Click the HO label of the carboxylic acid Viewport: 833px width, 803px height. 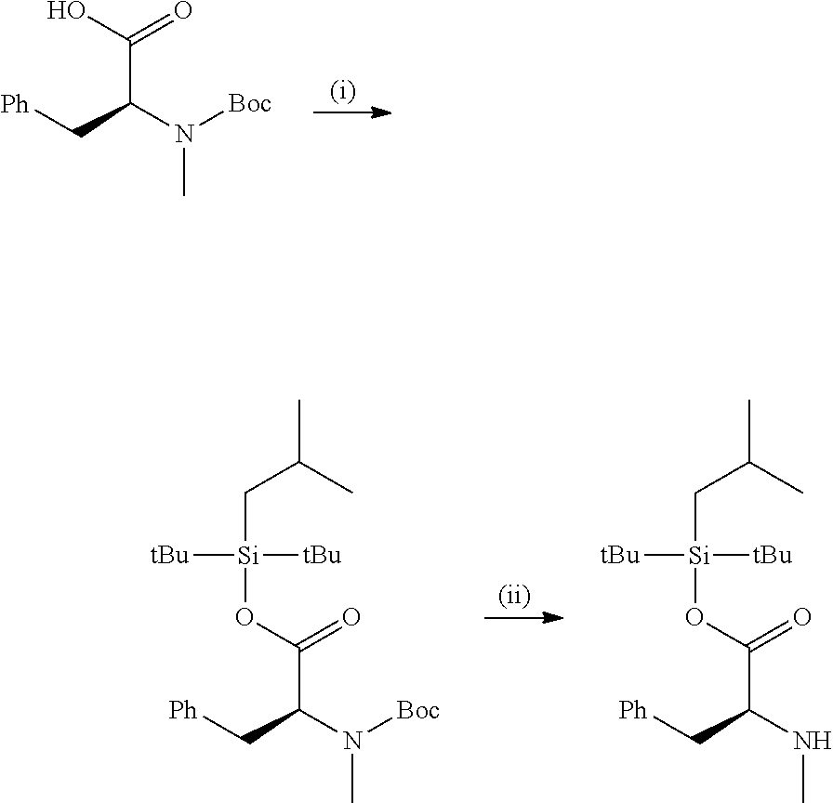click(x=66, y=10)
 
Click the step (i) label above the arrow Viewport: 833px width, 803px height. click(x=343, y=91)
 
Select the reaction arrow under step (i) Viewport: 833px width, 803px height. click(x=352, y=112)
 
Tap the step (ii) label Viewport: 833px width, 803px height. click(x=514, y=596)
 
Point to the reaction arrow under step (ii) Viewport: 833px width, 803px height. click(x=523, y=618)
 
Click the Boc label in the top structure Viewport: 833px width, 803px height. click(x=250, y=103)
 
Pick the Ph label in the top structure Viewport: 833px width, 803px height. click(x=15, y=103)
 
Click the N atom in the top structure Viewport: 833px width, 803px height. click(x=184, y=133)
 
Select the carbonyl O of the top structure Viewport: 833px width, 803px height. click(x=183, y=10)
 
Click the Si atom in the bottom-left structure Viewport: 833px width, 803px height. click(x=247, y=556)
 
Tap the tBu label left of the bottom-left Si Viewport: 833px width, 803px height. click(x=170, y=556)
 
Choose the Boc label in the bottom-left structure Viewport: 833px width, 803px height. click(x=418, y=709)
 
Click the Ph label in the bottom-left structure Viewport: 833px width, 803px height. click(x=183, y=709)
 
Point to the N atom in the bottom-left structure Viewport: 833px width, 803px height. click(x=352, y=740)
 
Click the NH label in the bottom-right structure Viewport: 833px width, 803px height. click(x=813, y=740)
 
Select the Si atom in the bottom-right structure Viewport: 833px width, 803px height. click(x=698, y=556)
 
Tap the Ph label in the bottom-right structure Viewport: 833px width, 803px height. click(x=633, y=709)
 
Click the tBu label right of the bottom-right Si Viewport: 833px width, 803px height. click(x=773, y=556)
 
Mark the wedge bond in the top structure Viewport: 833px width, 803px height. click(x=103, y=120)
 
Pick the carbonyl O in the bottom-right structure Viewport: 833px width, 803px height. click(x=801, y=617)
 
